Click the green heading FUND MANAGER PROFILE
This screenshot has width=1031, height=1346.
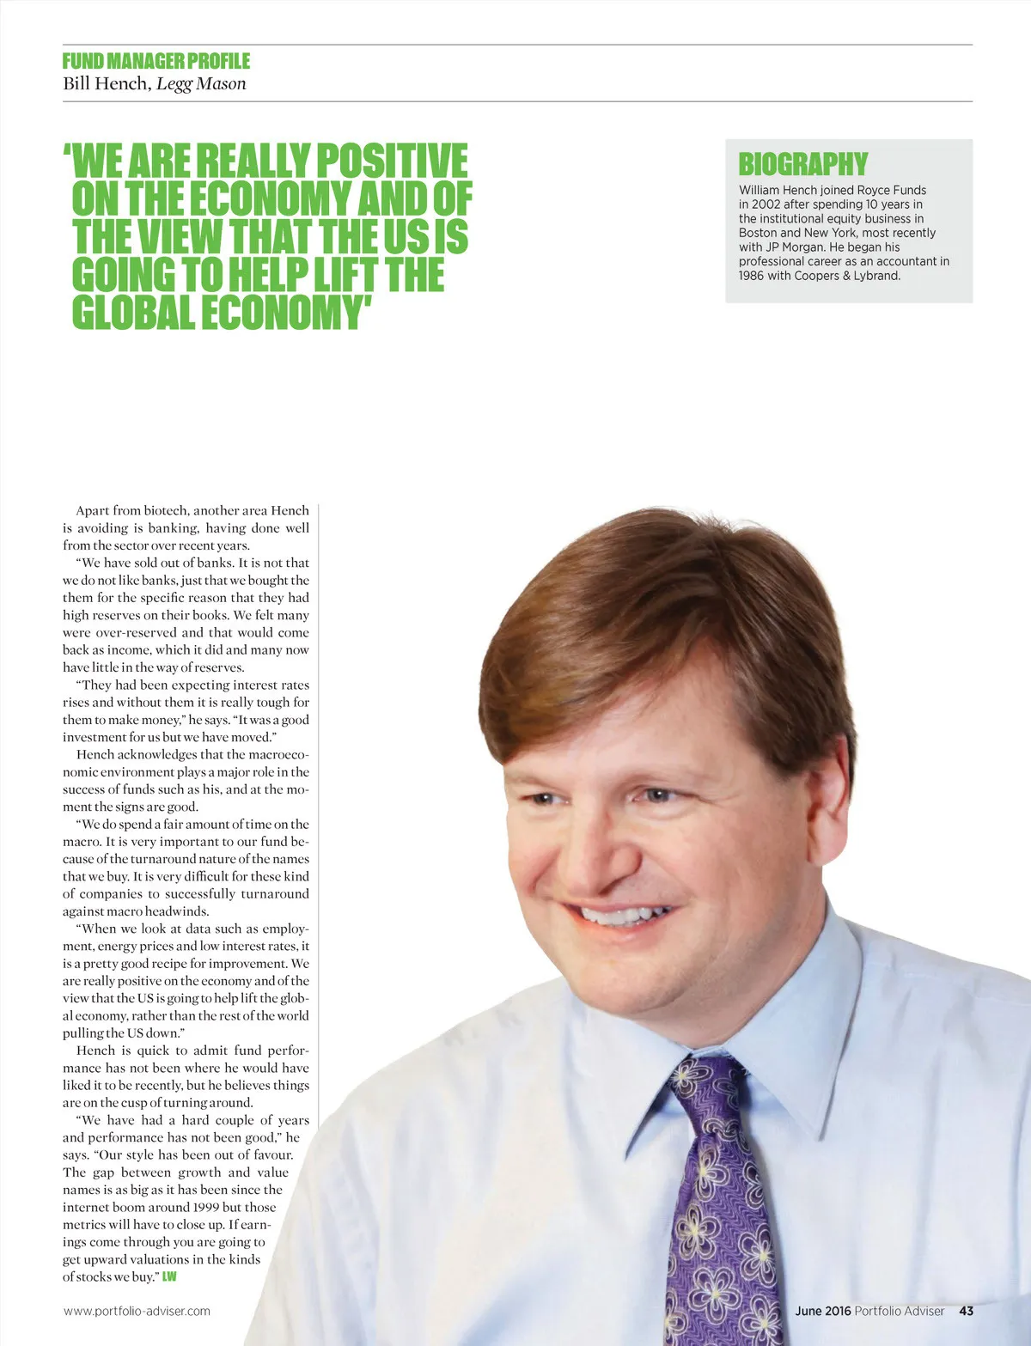coord(156,61)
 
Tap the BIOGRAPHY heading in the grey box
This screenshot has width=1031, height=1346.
coord(803,164)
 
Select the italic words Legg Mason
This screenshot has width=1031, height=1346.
coord(201,83)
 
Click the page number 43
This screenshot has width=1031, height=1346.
coord(966,1311)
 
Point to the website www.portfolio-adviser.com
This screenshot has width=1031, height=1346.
coord(137,1311)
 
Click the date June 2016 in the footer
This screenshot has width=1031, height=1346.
coord(822,1311)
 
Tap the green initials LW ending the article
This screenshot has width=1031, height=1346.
coord(169,1277)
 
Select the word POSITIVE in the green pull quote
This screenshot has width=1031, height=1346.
coord(393,161)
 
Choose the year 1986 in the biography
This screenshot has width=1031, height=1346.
coord(752,276)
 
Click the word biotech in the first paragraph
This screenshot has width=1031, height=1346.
coord(166,510)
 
